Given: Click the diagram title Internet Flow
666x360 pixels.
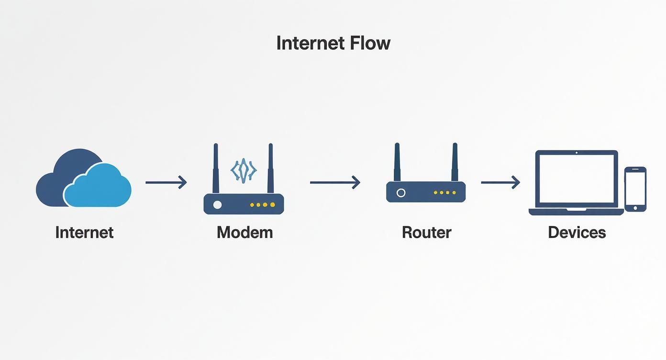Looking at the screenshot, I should [x=333, y=43].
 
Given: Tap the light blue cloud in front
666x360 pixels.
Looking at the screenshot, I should [x=98, y=189].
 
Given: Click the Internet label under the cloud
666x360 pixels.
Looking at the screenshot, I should [x=84, y=233].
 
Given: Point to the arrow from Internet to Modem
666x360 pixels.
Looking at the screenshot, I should [x=166, y=182].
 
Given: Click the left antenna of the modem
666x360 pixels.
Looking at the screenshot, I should [x=216, y=168].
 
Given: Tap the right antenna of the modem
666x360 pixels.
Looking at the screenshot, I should [x=270, y=168].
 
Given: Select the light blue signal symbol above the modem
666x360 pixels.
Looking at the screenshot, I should [x=244, y=170].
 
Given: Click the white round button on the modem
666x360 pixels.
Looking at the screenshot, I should [x=217, y=205].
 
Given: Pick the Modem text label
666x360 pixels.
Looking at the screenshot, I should [x=244, y=233].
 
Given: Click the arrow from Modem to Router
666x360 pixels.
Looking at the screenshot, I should [x=334, y=182].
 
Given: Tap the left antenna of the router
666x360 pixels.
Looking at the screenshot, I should [x=397, y=163].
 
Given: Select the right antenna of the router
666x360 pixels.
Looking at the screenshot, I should [x=455, y=163].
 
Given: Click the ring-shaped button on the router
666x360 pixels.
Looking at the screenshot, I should [x=401, y=192].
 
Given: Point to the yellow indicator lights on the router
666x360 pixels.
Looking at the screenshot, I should [x=444, y=192].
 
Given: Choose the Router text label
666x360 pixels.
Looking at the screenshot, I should [x=426, y=233].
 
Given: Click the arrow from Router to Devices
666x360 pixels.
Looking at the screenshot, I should [x=500, y=182].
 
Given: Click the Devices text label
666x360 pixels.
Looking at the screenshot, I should [x=577, y=233].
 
